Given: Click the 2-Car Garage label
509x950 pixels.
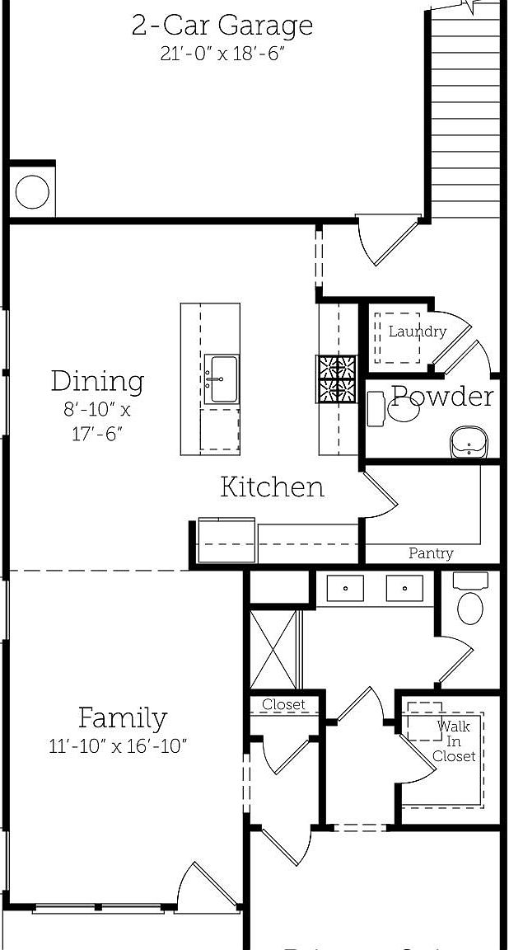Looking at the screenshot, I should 222,25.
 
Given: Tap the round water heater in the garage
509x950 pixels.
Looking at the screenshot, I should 32,193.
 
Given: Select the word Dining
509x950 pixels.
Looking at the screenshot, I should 97,381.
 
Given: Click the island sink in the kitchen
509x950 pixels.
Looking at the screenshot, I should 221,379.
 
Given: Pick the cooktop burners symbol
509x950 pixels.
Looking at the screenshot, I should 338,379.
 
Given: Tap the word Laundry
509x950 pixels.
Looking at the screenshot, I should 417,332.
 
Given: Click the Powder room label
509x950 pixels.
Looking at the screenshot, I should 442,397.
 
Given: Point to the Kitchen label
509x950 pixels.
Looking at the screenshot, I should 272,487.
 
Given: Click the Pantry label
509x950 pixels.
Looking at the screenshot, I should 431,553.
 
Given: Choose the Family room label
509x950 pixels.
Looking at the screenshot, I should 122,718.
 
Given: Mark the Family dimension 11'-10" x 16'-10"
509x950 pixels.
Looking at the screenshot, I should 119,747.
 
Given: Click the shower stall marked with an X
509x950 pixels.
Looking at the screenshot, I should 273,648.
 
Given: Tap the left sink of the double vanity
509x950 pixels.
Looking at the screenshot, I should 346,589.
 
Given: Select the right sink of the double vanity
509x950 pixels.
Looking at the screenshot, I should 404,589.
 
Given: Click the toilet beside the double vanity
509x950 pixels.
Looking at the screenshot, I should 470,604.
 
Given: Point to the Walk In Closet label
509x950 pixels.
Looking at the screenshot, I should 454,741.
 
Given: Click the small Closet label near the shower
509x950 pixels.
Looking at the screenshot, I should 283,705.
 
